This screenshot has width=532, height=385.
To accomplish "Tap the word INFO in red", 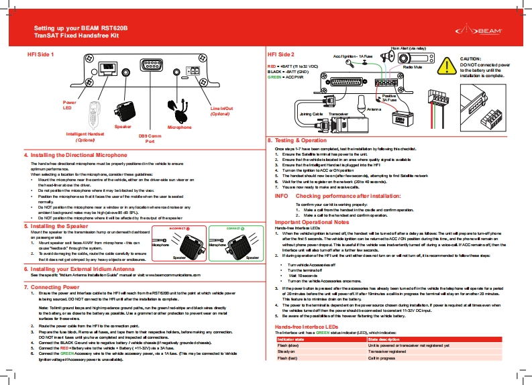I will pos(282,196).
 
